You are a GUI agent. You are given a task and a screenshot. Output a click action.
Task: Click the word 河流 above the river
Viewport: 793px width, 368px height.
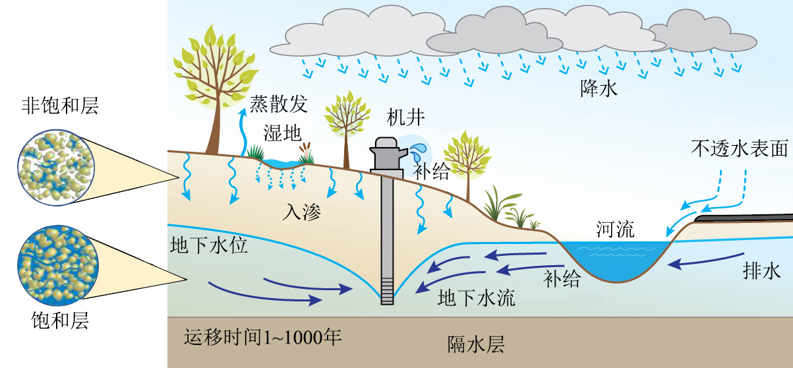[x=614, y=230]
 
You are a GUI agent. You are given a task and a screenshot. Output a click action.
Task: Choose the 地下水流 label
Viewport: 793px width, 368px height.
[x=477, y=297]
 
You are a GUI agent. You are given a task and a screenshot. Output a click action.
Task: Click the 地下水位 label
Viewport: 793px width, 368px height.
[x=209, y=247]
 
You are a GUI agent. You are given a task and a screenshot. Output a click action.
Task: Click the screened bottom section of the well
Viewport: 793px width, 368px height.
[x=387, y=290]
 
